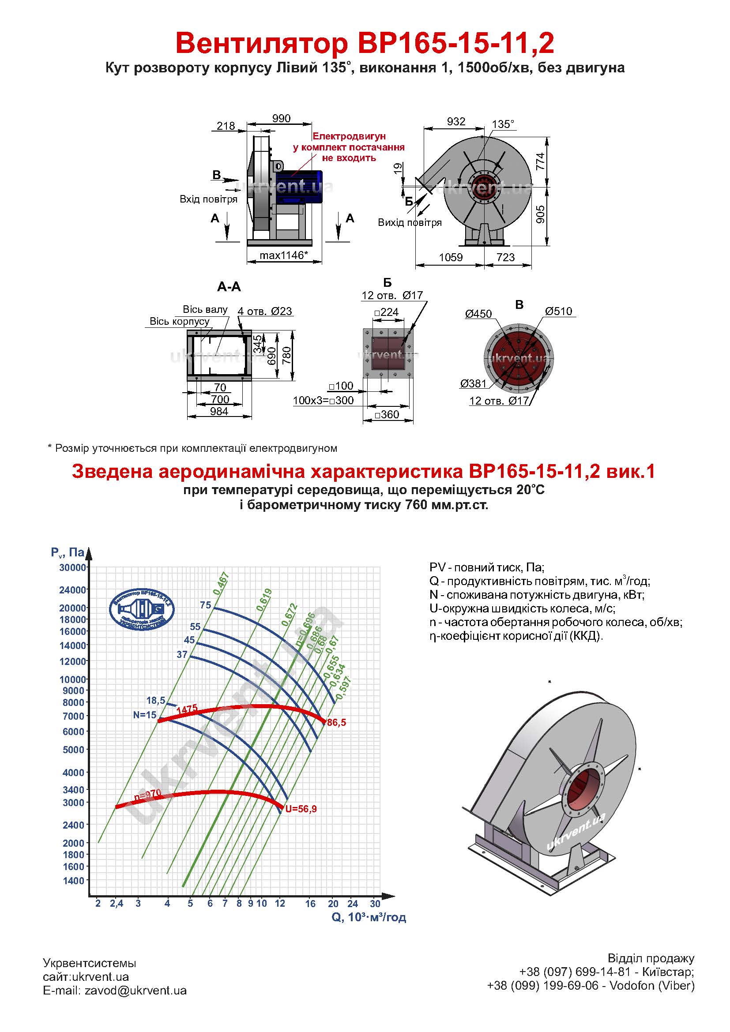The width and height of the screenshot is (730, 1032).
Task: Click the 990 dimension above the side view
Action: click(x=282, y=119)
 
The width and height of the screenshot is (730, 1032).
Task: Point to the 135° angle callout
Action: click(x=503, y=124)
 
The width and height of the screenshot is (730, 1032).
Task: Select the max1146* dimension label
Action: click(x=284, y=255)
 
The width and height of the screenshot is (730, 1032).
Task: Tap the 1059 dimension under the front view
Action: click(x=451, y=257)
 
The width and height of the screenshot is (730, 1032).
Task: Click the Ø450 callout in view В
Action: click(x=478, y=314)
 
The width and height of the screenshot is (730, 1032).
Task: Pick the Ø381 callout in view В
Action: click(x=473, y=383)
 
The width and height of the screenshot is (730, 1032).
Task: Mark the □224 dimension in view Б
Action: click(x=387, y=312)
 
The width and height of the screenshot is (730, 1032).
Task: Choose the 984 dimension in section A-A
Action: click(x=219, y=411)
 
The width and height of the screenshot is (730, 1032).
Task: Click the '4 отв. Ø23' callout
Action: click(x=265, y=311)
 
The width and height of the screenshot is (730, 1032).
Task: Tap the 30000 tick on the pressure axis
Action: click(x=73, y=567)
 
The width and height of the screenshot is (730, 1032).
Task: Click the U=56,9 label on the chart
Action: click(x=301, y=809)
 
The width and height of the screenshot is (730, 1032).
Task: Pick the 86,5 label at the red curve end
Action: click(x=337, y=723)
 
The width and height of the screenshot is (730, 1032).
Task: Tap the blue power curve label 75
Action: click(x=205, y=605)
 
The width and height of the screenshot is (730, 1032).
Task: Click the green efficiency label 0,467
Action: click(x=221, y=584)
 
